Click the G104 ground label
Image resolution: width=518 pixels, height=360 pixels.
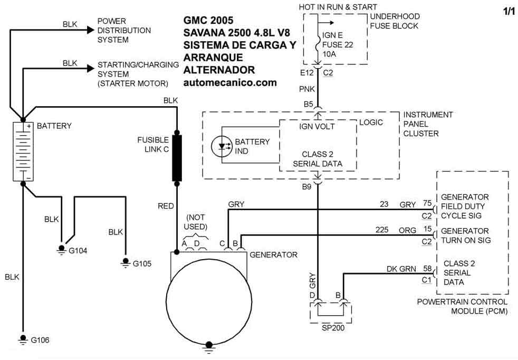click(x=78, y=250)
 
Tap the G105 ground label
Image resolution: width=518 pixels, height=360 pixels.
click(x=142, y=263)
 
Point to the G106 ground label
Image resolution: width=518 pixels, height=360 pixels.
click(x=40, y=339)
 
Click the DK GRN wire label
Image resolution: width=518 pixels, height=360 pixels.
click(x=402, y=269)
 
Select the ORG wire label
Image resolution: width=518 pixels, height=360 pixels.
click(x=408, y=230)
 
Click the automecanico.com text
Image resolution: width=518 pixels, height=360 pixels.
click(x=230, y=83)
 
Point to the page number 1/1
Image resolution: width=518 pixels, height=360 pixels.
click(x=509, y=11)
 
